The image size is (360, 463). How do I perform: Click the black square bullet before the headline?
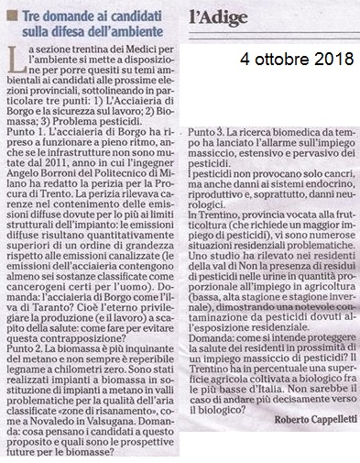point(14,14)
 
